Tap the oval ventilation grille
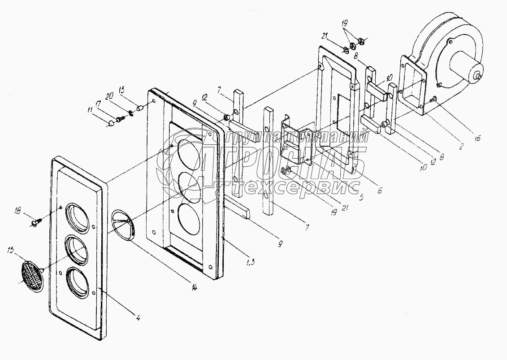pyautogui.click(x=31, y=274)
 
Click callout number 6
pyautogui.click(x=379, y=190)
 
